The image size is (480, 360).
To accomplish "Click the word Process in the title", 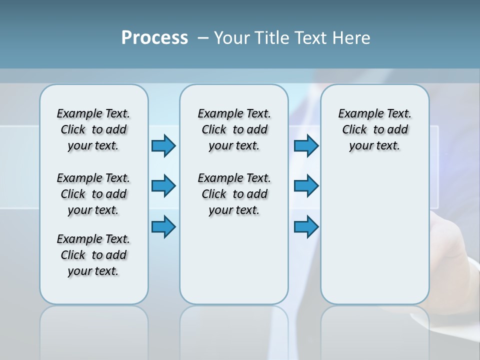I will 154,38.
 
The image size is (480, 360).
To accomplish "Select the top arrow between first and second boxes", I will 163,145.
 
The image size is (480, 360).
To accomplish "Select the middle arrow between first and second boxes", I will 163,186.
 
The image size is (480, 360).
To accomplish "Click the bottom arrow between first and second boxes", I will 163,226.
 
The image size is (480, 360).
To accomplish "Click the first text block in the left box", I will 93,129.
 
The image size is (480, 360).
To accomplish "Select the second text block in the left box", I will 93,194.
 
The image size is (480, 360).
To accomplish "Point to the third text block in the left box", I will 93,255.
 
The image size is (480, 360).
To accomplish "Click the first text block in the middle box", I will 234,129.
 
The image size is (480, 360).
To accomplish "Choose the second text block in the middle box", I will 234,194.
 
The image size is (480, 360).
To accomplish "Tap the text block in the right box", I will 375,129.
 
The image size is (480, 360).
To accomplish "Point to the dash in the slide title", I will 203,38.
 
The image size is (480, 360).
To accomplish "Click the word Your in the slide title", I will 230,38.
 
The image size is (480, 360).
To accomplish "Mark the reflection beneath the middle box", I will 234,330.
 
